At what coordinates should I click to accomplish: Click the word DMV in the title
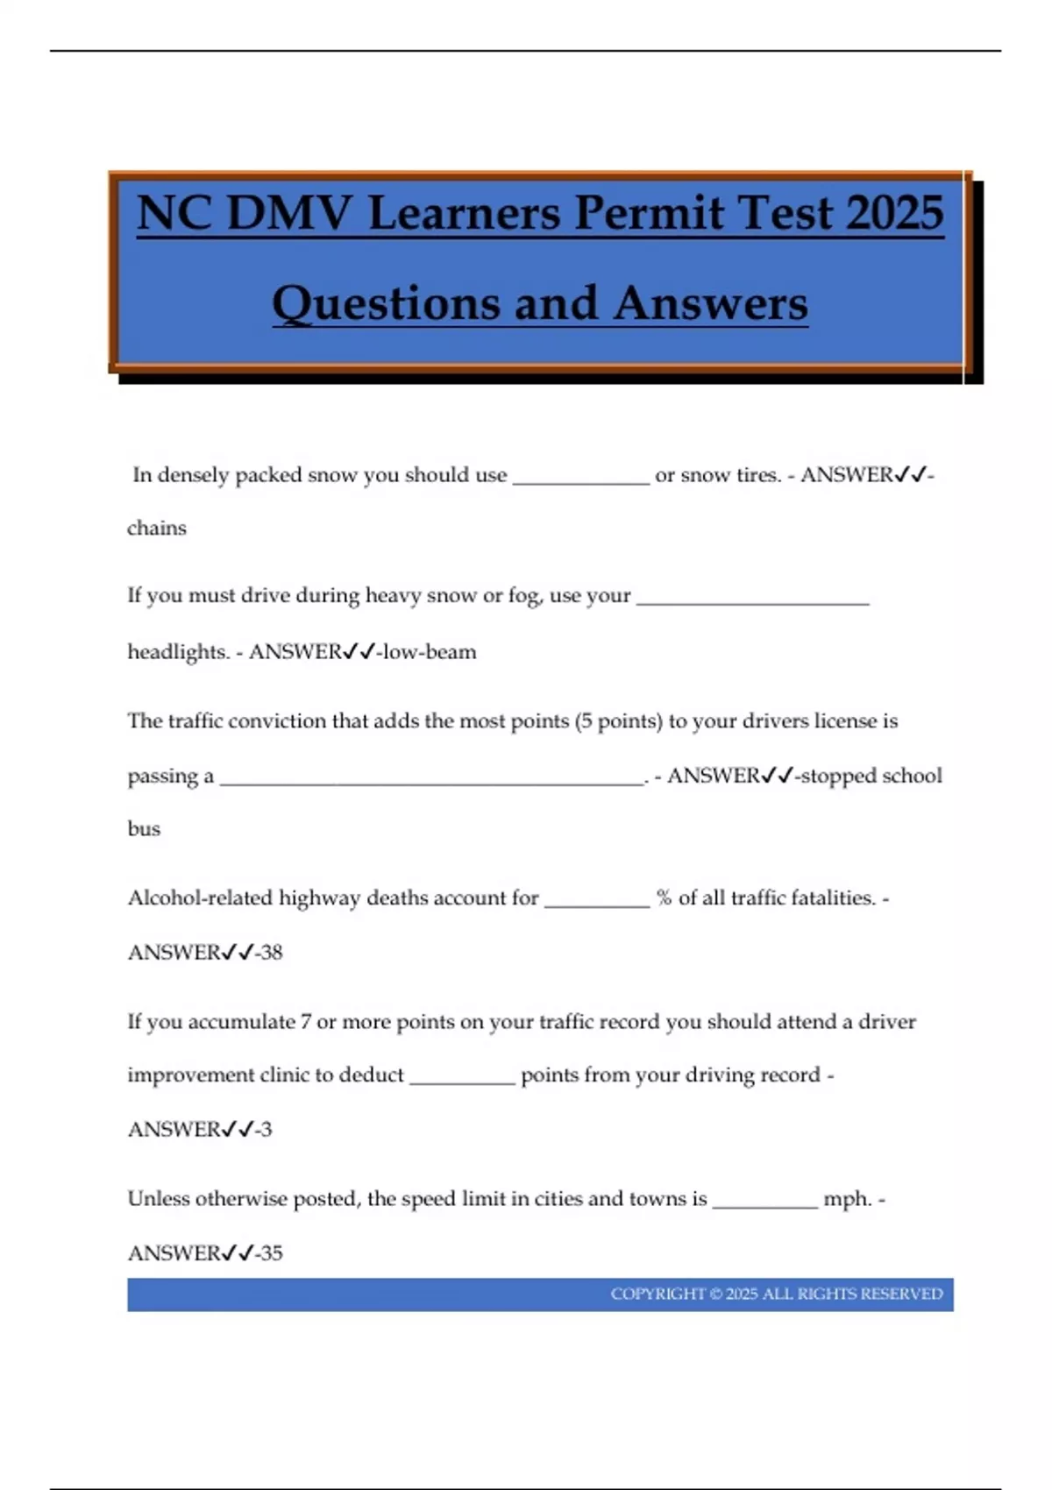pyautogui.click(x=288, y=213)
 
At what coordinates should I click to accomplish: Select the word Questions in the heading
pyautogui.click(x=387, y=304)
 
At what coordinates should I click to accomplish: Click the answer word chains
pyautogui.click(x=157, y=529)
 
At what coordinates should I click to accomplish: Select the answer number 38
pyautogui.click(x=272, y=953)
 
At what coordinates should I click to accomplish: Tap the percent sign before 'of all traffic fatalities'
pyautogui.click(x=664, y=898)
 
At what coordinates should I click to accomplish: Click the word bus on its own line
pyautogui.click(x=144, y=829)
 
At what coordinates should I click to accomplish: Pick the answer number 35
pyautogui.click(x=272, y=1253)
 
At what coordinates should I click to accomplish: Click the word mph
pyautogui.click(x=848, y=1199)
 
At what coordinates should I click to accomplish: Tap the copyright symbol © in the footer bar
pyautogui.click(x=715, y=1295)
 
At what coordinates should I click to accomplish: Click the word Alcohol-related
pyautogui.click(x=200, y=898)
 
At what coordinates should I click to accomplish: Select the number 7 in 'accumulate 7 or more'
pyautogui.click(x=305, y=1022)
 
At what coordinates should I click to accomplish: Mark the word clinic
pyautogui.click(x=285, y=1075)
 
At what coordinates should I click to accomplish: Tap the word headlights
pyautogui.click(x=178, y=652)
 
